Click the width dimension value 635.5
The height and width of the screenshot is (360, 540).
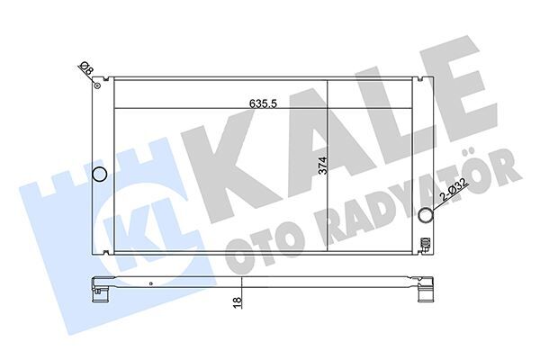pos(262,103)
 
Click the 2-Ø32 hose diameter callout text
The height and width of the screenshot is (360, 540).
pos(454,192)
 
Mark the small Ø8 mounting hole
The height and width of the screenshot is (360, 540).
pos(96,86)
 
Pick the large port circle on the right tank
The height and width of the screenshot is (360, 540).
pos(427,214)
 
